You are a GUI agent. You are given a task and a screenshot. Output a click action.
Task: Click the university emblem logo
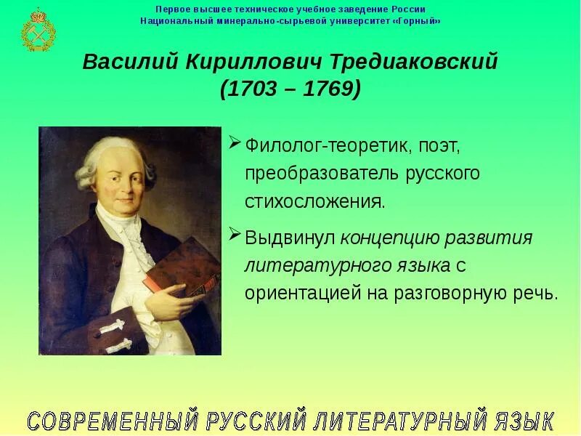coord(34,30)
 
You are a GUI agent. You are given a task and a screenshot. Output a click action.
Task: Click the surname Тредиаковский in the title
coord(420,62)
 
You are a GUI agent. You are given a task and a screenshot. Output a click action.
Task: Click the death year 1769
coord(327,89)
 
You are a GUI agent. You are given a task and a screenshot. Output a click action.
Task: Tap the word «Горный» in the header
coord(420,21)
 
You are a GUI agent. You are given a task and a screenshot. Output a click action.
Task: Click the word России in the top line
coord(409,9)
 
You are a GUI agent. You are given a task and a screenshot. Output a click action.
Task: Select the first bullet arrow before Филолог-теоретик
coord(235,142)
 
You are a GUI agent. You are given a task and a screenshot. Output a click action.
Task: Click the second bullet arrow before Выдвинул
coord(235,234)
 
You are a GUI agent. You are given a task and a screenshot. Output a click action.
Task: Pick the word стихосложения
coord(314,201)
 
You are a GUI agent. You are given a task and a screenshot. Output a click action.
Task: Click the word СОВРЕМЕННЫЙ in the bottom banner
coord(113,421)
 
